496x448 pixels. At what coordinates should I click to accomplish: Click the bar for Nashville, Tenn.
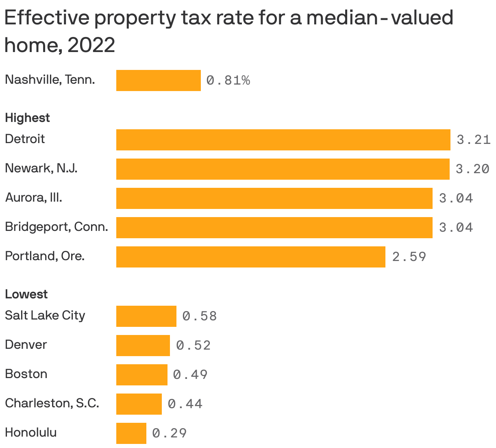coord(158,80)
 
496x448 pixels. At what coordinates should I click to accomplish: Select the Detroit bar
coord(283,140)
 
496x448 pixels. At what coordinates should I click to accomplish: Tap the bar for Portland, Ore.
coord(250,257)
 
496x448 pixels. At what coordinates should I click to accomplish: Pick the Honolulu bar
coord(131,433)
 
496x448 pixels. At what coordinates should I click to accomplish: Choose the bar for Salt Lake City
coord(146,316)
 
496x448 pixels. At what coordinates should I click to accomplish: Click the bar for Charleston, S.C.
coord(139,404)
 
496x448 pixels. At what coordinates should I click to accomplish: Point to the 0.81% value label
coord(228,80)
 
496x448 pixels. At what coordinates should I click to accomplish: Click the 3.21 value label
coord(473,140)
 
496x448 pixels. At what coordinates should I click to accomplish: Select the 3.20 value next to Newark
coord(472,169)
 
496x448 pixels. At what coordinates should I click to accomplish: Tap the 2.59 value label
coord(409,257)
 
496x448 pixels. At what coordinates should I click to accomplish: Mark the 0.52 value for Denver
coord(194,346)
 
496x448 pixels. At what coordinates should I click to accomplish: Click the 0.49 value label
coord(190,375)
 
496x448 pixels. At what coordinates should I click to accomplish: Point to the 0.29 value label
coord(170,433)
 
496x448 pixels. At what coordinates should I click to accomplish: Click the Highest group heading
coord(27,118)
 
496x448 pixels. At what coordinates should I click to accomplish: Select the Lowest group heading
coord(26,294)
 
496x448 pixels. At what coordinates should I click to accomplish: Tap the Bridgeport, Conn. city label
coord(57,227)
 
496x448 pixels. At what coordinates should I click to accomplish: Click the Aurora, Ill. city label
coord(33,198)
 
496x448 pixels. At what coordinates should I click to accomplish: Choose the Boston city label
coord(26,374)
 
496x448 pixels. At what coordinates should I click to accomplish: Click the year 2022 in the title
coord(91,45)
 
